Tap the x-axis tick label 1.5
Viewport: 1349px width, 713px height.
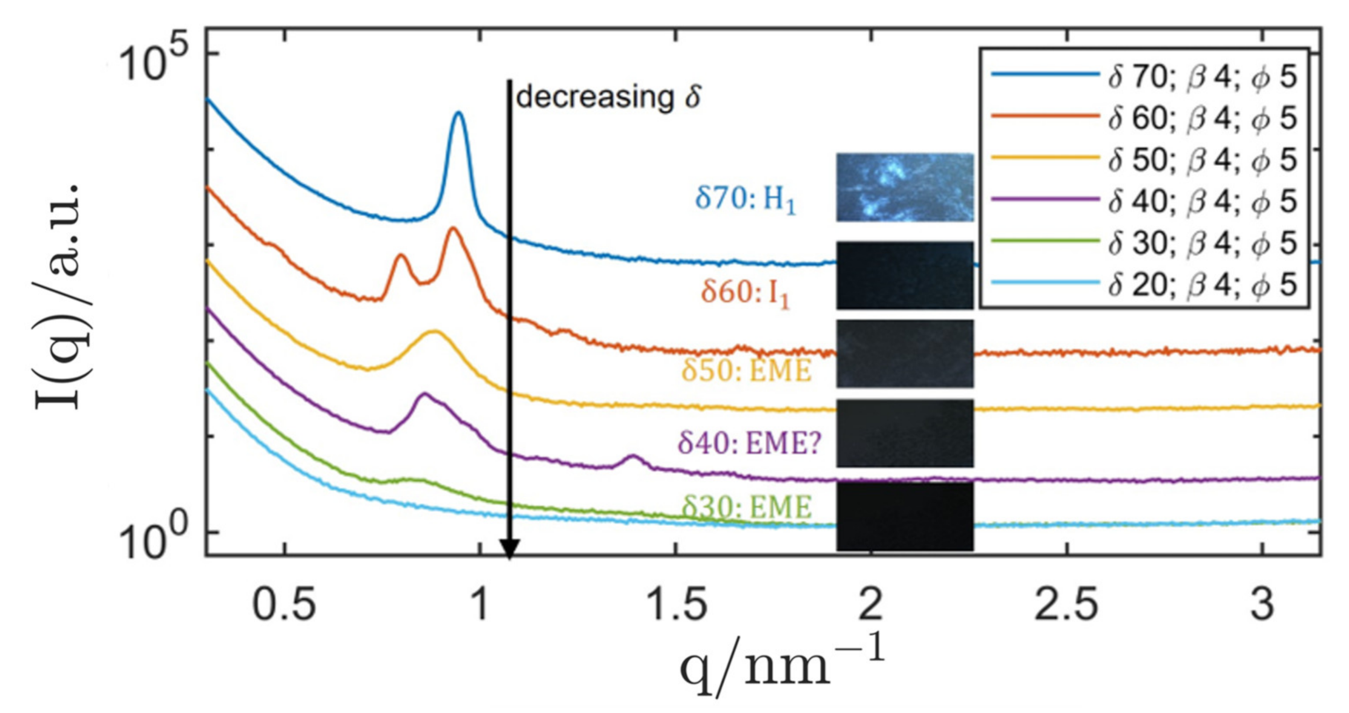click(x=676, y=604)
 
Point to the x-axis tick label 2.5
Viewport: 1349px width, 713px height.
click(x=1066, y=604)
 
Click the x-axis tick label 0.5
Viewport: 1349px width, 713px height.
click(x=284, y=604)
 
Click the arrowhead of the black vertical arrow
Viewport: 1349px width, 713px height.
click(x=509, y=549)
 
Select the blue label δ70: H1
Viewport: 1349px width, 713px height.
click(x=745, y=199)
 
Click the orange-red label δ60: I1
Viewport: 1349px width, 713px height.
click(x=745, y=293)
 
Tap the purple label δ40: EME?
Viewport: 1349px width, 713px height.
click(x=749, y=443)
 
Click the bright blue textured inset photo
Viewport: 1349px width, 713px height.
click(x=904, y=187)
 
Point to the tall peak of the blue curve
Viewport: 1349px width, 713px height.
click(x=459, y=114)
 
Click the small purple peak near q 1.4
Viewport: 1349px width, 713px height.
click(x=632, y=457)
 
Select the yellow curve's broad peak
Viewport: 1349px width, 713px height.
click(x=434, y=332)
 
